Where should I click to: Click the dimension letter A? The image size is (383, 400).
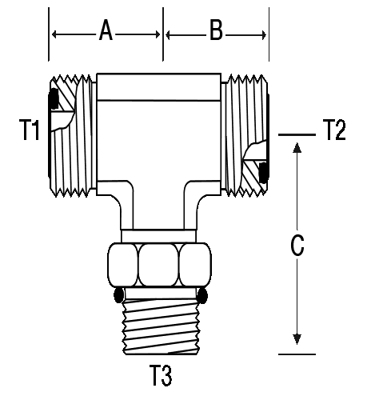[106, 31]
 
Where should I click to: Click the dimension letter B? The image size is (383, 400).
[216, 31]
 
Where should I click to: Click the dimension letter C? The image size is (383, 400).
[297, 246]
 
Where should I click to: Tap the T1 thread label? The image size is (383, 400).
[30, 130]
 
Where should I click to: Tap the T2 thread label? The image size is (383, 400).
[334, 130]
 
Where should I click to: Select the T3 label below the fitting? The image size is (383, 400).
[161, 375]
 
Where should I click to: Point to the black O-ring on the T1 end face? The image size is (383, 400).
[54, 98]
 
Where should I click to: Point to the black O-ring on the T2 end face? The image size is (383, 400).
[264, 173]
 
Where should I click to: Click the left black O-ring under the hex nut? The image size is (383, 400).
[118, 295]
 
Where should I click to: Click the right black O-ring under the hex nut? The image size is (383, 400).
[202, 295]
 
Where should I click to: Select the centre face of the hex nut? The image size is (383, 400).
[158, 265]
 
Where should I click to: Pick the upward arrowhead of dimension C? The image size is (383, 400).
[297, 147]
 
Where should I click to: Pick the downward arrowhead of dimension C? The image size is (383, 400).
[297, 339]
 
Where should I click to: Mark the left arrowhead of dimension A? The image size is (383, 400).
[55, 34]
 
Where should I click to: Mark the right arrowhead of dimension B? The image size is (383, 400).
[263, 35]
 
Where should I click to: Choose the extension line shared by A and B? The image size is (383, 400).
[163, 34]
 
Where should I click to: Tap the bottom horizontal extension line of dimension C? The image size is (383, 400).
[297, 354]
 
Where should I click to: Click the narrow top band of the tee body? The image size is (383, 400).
[158, 87]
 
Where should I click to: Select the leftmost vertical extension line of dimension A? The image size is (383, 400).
[49, 34]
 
